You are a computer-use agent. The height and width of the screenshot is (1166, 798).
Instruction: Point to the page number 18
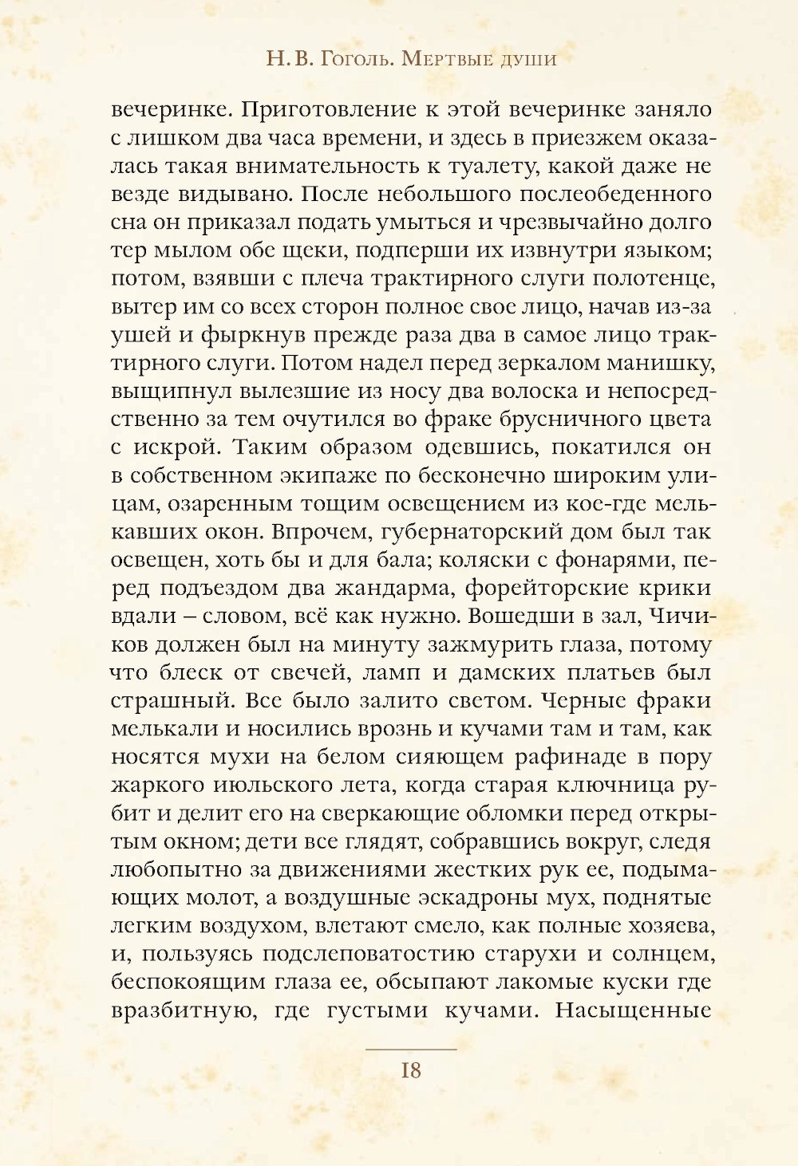(x=410, y=1070)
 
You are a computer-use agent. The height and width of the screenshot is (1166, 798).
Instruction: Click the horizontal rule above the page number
(x=410, y=1050)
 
